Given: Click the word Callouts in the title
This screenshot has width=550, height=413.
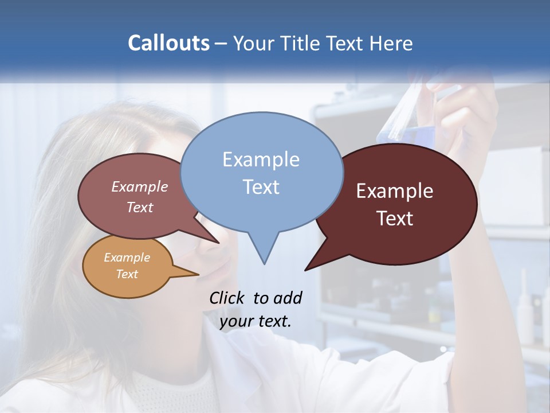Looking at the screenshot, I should (x=168, y=43).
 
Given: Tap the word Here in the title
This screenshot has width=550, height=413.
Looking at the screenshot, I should (x=392, y=43).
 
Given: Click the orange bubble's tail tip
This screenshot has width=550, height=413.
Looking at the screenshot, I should (x=198, y=274).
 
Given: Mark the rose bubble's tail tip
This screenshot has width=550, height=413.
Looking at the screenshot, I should (x=218, y=242).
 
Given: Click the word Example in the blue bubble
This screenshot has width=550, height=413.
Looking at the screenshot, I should (x=261, y=159).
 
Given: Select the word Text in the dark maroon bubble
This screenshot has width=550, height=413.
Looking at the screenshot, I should (x=395, y=219).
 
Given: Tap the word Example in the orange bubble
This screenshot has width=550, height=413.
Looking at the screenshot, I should (x=127, y=258).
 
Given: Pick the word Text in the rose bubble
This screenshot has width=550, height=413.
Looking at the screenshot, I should (x=140, y=207).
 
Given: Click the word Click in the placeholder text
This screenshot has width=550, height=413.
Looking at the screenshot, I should (x=227, y=298).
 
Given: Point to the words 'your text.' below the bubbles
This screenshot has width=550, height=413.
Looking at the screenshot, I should (x=256, y=321).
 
